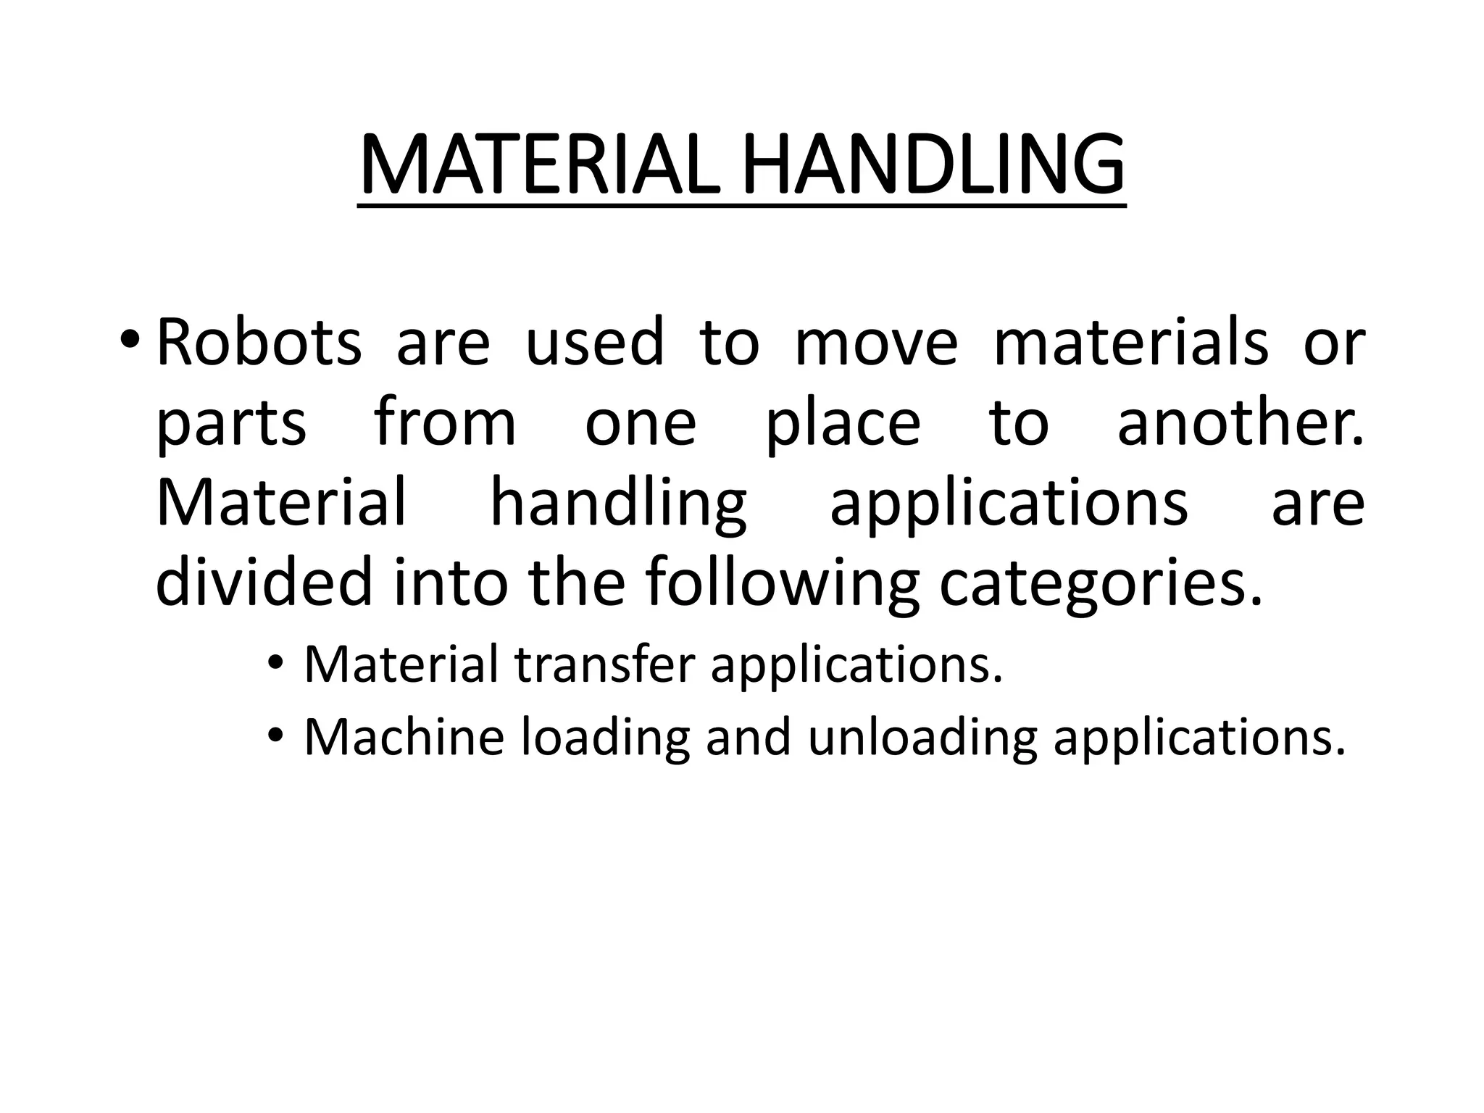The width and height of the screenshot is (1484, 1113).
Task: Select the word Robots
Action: (x=259, y=342)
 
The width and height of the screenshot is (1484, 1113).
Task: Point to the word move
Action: (x=876, y=342)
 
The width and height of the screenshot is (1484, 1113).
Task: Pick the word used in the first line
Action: (x=594, y=342)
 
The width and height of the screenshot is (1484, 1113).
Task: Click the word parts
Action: (x=231, y=424)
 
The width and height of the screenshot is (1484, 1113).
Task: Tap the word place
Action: (x=843, y=424)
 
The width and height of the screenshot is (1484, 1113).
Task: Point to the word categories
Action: (x=1101, y=584)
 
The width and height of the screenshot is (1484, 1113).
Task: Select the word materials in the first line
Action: (x=1130, y=342)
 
